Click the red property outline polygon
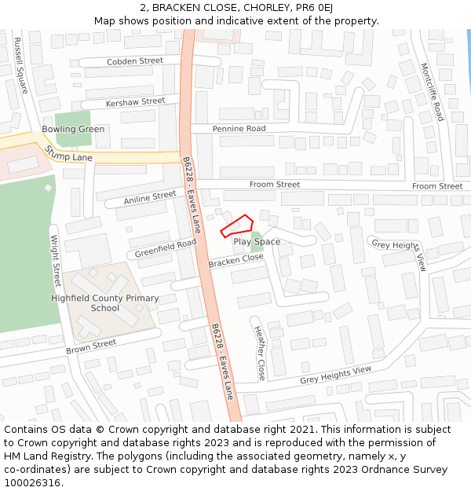click(x=236, y=225)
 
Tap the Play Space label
click(x=257, y=241)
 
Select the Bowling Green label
click(x=73, y=130)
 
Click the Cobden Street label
click(x=135, y=60)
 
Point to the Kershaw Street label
click(x=135, y=101)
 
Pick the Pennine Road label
click(x=239, y=128)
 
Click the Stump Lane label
click(x=68, y=154)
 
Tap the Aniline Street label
click(x=150, y=198)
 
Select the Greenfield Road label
click(x=165, y=248)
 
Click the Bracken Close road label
click(x=235, y=260)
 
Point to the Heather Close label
click(x=260, y=353)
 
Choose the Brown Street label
click(x=91, y=346)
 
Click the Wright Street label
click(x=56, y=260)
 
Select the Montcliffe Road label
click(x=432, y=92)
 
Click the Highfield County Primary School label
click(x=104, y=303)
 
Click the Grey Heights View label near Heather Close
click(x=335, y=376)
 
